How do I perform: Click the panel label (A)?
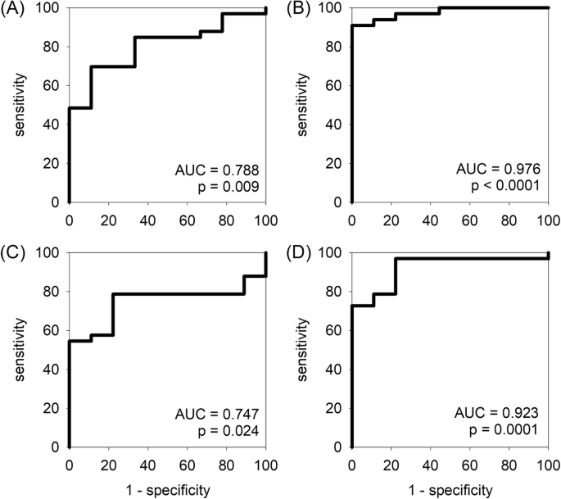(x=14, y=11)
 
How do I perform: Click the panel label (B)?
(x=297, y=11)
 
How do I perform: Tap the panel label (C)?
(x=14, y=256)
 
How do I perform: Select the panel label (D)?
(x=297, y=256)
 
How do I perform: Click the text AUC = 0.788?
(x=216, y=170)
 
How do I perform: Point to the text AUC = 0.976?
(x=500, y=170)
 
